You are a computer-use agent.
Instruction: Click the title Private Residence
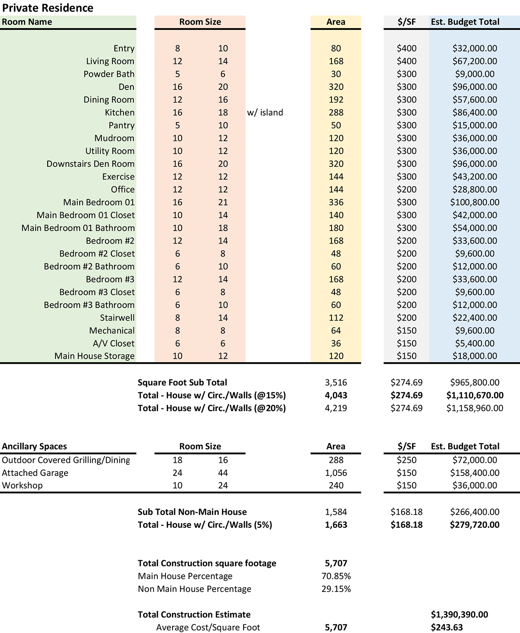click(x=48, y=8)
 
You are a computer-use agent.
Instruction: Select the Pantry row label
click(x=121, y=125)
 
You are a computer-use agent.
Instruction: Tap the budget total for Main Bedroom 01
click(x=474, y=202)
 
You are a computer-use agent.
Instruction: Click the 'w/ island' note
click(x=265, y=112)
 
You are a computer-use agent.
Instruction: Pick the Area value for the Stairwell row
click(x=336, y=318)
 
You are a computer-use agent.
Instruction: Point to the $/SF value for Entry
click(x=406, y=48)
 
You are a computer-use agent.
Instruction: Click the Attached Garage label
click(x=35, y=473)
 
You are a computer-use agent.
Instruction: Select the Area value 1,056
click(x=336, y=473)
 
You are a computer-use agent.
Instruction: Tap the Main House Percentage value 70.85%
click(x=336, y=576)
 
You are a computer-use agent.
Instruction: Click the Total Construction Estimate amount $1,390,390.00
click(x=459, y=615)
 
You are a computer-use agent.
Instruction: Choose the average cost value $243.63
click(x=447, y=627)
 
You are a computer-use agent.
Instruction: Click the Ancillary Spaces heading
click(x=34, y=447)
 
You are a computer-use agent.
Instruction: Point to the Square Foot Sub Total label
click(x=182, y=382)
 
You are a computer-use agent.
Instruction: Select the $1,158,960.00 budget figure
click(x=474, y=408)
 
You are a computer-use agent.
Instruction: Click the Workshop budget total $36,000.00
click(x=474, y=485)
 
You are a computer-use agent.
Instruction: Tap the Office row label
click(x=123, y=190)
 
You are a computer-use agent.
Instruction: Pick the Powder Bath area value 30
click(x=336, y=74)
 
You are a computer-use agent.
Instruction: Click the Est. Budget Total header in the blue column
click(x=465, y=22)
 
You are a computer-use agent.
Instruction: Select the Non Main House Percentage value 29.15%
click(x=336, y=589)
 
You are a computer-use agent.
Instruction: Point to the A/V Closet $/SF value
click(x=406, y=344)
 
